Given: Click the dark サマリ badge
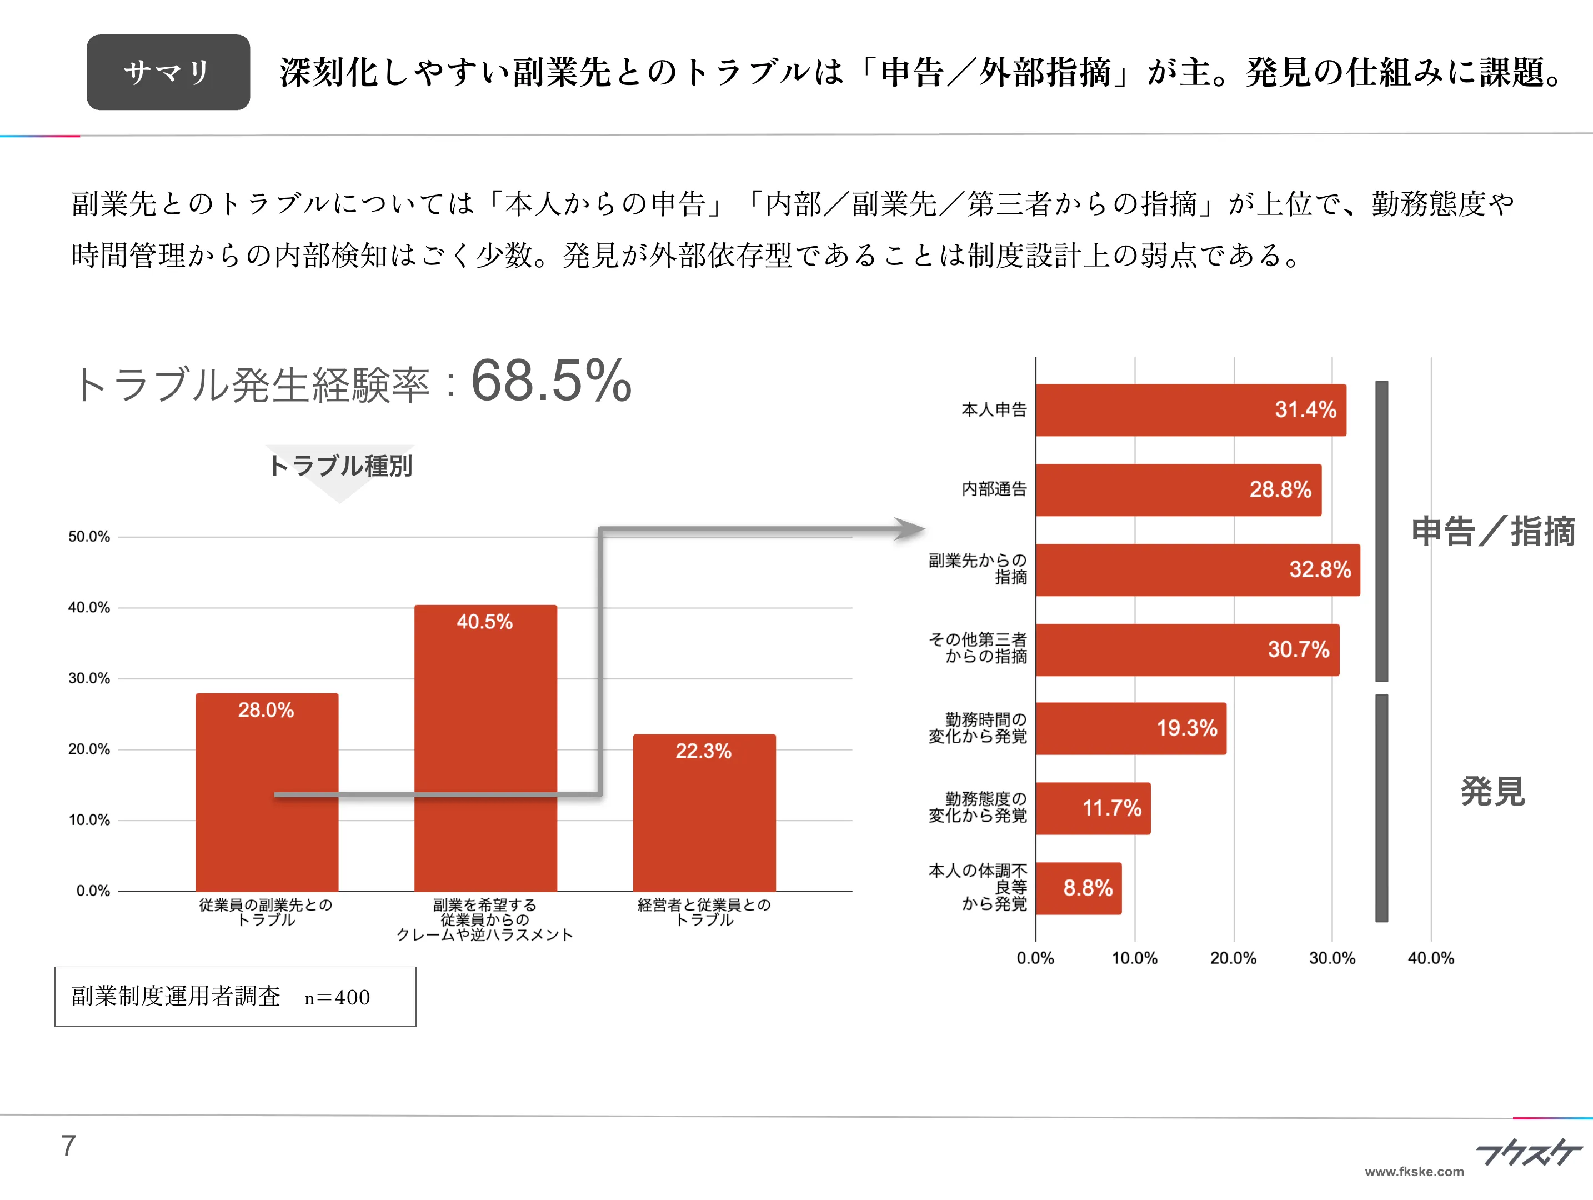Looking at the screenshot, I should (168, 72).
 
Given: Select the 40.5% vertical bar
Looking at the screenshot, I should (485, 749).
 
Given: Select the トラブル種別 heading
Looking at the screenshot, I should (340, 466).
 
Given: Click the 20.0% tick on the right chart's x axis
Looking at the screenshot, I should (1233, 958).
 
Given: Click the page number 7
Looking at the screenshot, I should (68, 1145).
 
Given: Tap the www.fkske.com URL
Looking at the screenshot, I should (1414, 1172).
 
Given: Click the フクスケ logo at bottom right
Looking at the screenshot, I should (1527, 1152).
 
